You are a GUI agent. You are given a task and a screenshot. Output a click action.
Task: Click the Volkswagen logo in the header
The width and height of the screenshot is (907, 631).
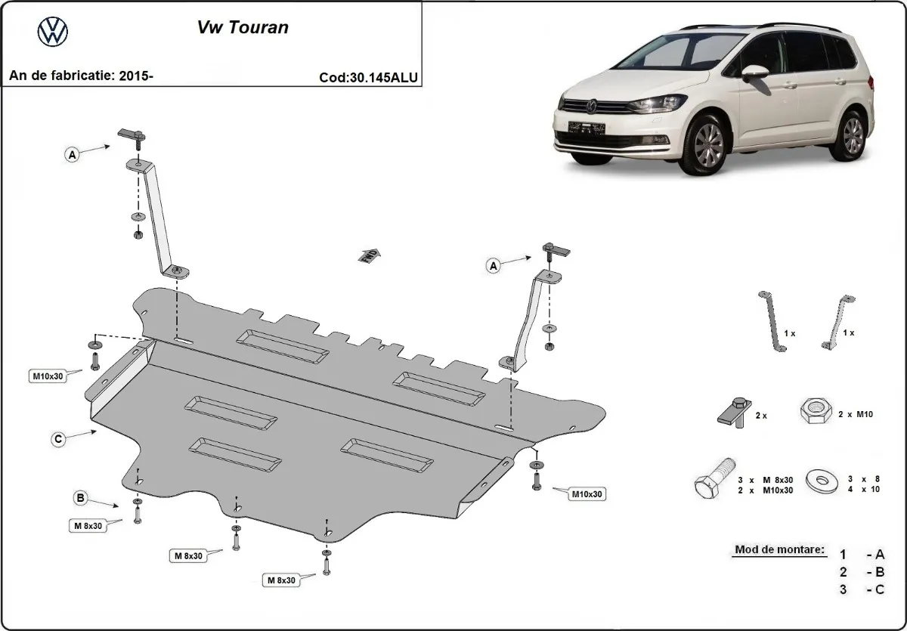click(x=52, y=32)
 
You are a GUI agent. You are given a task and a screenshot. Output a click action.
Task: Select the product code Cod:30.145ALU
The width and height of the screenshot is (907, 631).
click(x=370, y=77)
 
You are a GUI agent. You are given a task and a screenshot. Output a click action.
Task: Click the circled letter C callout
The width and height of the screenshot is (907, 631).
click(x=57, y=438)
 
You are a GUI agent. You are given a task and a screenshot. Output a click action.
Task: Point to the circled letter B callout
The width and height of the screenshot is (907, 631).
click(x=80, y=497)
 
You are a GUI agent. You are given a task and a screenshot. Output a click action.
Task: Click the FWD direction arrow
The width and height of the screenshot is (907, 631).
click(x=369, y=255)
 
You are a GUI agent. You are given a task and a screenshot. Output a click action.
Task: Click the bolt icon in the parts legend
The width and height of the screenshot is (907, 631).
click(x=712, y=479)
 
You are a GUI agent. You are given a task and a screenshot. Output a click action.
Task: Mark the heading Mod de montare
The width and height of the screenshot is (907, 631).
click(x=778, y=550)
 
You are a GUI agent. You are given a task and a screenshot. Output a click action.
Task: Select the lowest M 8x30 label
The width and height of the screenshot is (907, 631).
click(x=280, y=580)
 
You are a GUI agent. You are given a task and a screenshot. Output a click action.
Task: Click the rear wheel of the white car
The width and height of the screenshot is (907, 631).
click(x=852, y=135)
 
